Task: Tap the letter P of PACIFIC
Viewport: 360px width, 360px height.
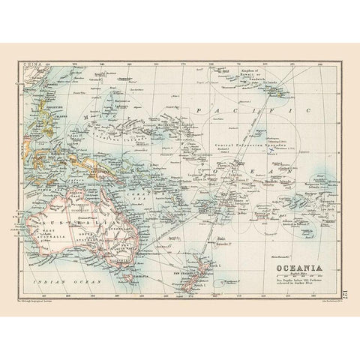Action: [x=197, y=108]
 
